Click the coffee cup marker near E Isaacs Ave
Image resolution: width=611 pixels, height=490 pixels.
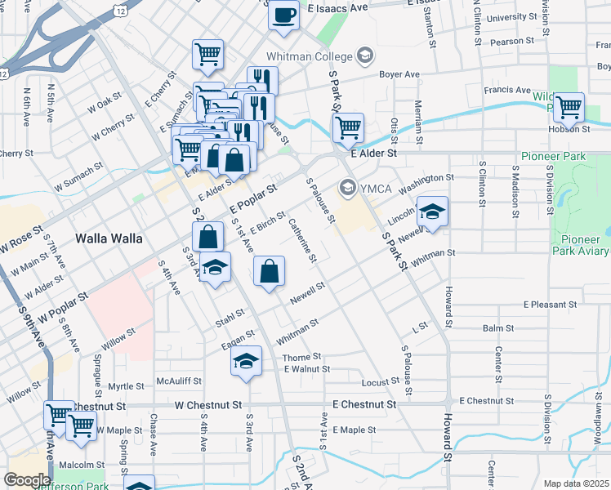click(x=283, y=16)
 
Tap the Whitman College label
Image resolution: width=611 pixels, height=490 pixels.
click(x=309, y=56)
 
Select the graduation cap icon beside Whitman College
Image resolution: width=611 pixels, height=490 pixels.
click(x=364, y=56)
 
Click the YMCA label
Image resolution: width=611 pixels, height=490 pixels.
click(x=377, y=189)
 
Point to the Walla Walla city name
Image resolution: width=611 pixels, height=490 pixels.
click(x=109, y=239)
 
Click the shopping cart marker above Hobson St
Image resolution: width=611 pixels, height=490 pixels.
click(x=569, y=106)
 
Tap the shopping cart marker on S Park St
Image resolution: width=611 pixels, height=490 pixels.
click(x=349, y=127)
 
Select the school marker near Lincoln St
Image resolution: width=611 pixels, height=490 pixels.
click(x=432, y=213)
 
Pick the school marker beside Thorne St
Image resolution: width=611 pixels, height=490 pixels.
click(x=246, y=362)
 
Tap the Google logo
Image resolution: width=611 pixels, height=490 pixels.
click(x=26, y=479)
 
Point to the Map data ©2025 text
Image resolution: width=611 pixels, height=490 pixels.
click(x=576, y=483)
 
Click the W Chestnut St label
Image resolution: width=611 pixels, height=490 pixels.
click(x=208, y=404)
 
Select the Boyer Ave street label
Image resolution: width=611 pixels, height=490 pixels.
click(x=400, y=74)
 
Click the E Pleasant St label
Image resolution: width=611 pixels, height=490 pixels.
click(x=551, y=305)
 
